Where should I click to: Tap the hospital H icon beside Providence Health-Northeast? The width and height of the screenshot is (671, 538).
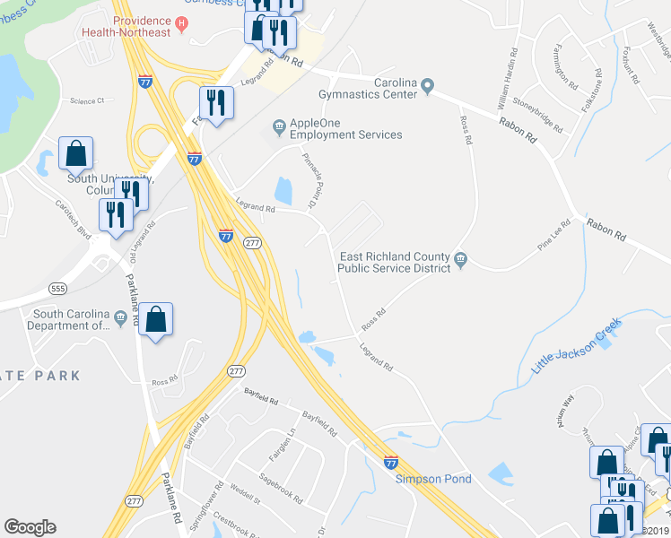click(182, 22)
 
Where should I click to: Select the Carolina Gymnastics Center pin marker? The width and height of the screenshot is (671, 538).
click(428, 87)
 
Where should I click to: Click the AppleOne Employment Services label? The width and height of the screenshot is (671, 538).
click(345, 128)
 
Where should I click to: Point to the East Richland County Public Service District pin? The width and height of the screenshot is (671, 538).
click(460, 260)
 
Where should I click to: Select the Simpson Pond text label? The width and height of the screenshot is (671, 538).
click(433, 479)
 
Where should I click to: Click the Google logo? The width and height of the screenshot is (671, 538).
click(30, 527)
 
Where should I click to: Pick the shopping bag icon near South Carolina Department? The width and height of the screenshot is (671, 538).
click(155, 319)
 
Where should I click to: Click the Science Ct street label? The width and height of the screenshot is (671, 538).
click(87, 101)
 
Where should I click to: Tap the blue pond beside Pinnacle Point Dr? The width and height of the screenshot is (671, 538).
click(283, 190)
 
